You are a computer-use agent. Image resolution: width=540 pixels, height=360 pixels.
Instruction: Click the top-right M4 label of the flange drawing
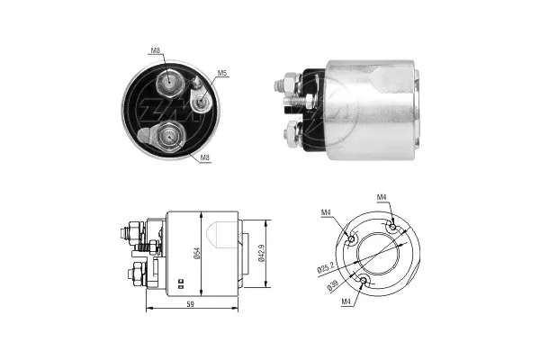(x=381, y=197)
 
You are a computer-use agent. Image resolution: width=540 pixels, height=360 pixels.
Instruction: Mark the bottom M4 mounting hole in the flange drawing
(x=363, y=283)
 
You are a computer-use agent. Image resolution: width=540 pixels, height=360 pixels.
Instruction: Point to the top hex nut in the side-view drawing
(x=135, y=235)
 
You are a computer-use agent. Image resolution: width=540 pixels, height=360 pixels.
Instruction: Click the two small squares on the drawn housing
(x=180, y=282)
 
